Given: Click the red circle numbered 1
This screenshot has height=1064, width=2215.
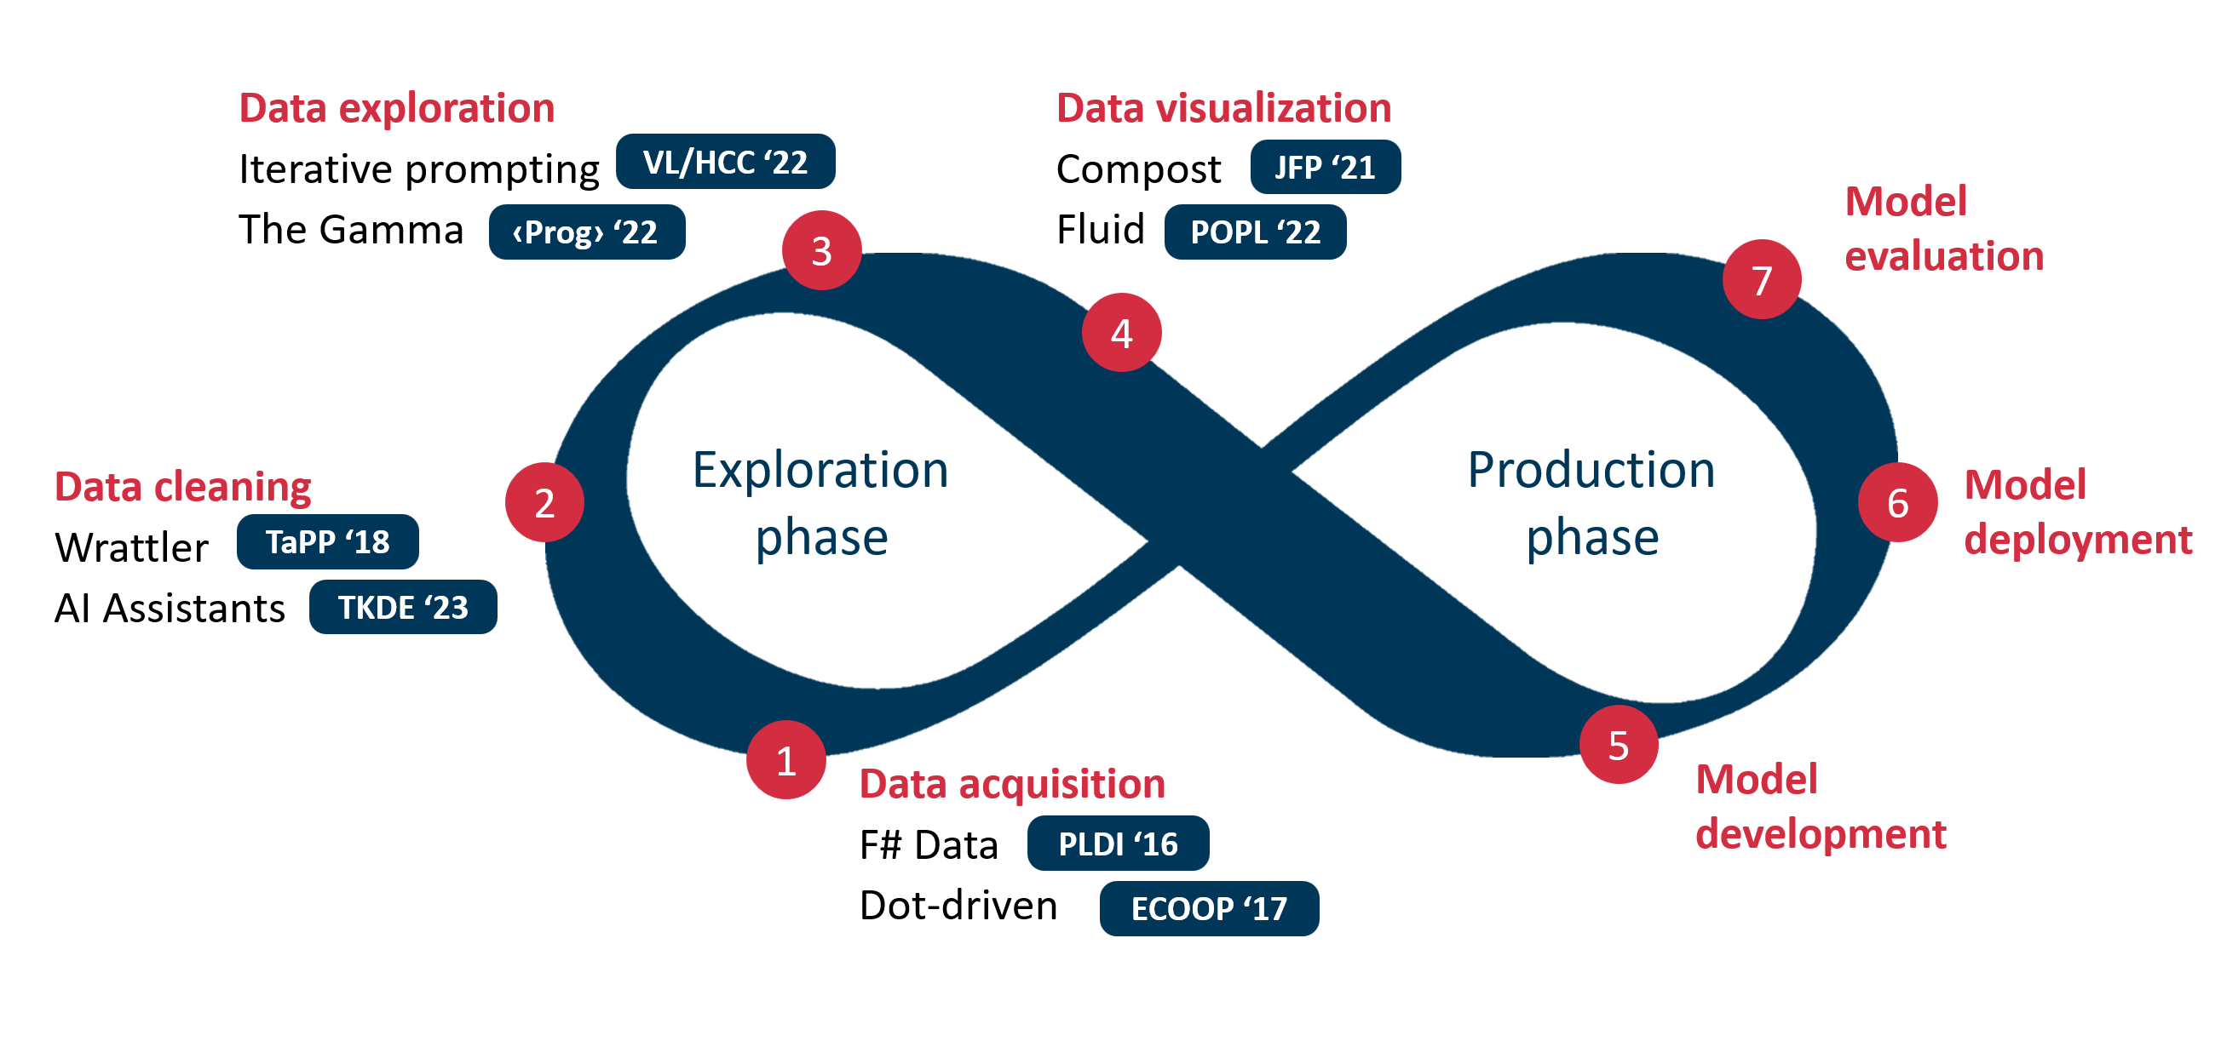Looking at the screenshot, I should (x=786, y=760).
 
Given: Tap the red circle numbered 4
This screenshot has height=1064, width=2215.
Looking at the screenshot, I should (x=1121, y=333).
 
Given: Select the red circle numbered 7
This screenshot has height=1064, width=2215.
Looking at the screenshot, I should (x=1762, y=279).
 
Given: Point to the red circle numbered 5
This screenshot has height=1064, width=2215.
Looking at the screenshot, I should (x=1619, y=744).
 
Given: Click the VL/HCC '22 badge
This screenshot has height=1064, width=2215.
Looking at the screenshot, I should (x=725, y=162).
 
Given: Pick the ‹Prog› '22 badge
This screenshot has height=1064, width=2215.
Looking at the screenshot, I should (x=586, y=232).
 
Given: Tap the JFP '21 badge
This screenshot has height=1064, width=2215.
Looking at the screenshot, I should (x=1325, y=167).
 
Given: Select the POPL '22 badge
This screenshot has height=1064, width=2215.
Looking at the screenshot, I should (x=1255, y=232).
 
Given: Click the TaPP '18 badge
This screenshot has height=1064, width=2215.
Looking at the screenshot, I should (x=328, y=541).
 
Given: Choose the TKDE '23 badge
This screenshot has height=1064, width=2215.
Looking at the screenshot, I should (x=402, y=607).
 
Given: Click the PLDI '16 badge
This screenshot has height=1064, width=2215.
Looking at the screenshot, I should (x=1118, y=844).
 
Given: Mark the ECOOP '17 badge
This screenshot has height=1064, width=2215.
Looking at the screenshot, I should (x=1209, y=908).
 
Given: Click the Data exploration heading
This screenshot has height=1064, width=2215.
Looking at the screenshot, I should (x=396, y=108).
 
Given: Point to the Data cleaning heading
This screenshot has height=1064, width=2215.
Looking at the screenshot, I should (x=182, y=486).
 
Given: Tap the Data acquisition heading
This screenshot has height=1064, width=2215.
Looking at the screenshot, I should (x=1012, y=784).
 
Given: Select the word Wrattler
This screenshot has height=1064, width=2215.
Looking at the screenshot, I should (x=131, y=547).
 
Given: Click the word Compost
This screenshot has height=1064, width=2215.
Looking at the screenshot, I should (x=1138, y=169).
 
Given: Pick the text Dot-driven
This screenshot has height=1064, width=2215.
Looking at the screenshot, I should (x=958, y=906).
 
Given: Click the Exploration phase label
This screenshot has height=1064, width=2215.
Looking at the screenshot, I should (x=820, y=503).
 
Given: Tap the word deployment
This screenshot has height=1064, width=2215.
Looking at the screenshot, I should (x=2078, y=540).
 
